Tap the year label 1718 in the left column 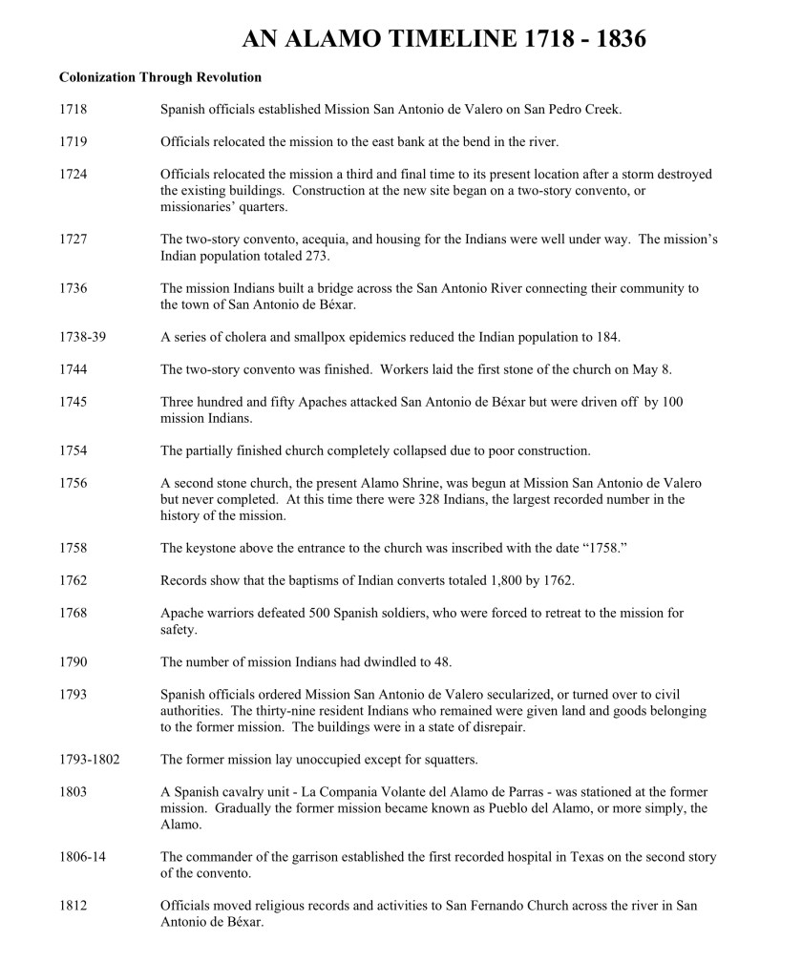73,110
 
